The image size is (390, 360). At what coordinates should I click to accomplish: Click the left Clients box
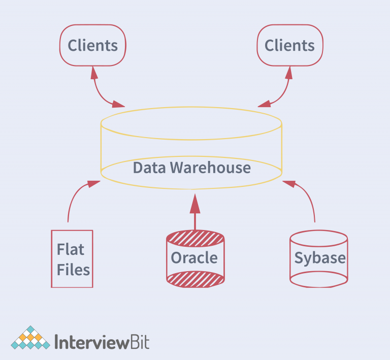93,46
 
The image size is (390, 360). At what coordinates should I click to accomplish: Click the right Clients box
289,46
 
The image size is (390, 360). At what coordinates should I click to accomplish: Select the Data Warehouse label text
191,168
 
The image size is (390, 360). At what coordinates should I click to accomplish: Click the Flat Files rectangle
72,258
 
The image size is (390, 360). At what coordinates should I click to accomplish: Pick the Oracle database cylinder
195,257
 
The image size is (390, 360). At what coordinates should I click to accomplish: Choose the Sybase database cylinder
319,257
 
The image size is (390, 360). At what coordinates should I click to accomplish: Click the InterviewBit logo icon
30,338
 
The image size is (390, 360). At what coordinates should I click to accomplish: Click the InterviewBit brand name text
102,341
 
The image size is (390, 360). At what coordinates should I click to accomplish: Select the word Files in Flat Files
73,269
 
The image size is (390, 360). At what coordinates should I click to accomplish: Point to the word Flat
71,249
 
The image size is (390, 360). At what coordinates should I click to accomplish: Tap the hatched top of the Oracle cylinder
195,238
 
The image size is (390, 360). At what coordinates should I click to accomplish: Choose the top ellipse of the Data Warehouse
191,123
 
